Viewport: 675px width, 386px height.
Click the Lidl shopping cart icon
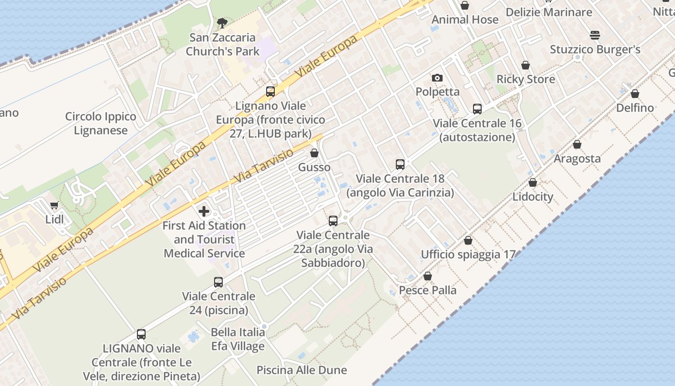pos(54,205)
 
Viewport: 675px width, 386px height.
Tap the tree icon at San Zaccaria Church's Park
pos(222,23)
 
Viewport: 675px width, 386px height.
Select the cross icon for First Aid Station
pos(204,211)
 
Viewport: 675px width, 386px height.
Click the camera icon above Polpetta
pos(437,78)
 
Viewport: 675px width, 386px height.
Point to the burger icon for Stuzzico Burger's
pos(595,35)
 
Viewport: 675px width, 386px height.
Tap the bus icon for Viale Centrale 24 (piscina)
pos(218,282)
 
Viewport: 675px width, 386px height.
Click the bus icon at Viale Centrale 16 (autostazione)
pos(477,109)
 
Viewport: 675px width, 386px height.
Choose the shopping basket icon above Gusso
pos(314,153)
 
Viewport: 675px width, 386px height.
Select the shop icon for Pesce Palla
pos(428,276)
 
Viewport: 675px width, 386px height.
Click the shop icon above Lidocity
pos(533,182)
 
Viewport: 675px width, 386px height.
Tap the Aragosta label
pos(577,159)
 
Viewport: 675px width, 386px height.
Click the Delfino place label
pos(635,108)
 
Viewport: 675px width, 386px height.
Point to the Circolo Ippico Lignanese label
pos(101,124)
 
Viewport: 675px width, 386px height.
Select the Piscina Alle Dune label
pos(301,370)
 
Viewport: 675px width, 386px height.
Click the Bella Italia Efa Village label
pos(238,339)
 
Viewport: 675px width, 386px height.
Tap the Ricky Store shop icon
pos(526,65)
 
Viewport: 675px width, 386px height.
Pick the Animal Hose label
pos(465,20)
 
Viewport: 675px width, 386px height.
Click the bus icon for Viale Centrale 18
pos(400,165)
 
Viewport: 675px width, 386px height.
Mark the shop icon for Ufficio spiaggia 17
pos(468,240)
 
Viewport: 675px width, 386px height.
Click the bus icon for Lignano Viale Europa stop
pos(270,92)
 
